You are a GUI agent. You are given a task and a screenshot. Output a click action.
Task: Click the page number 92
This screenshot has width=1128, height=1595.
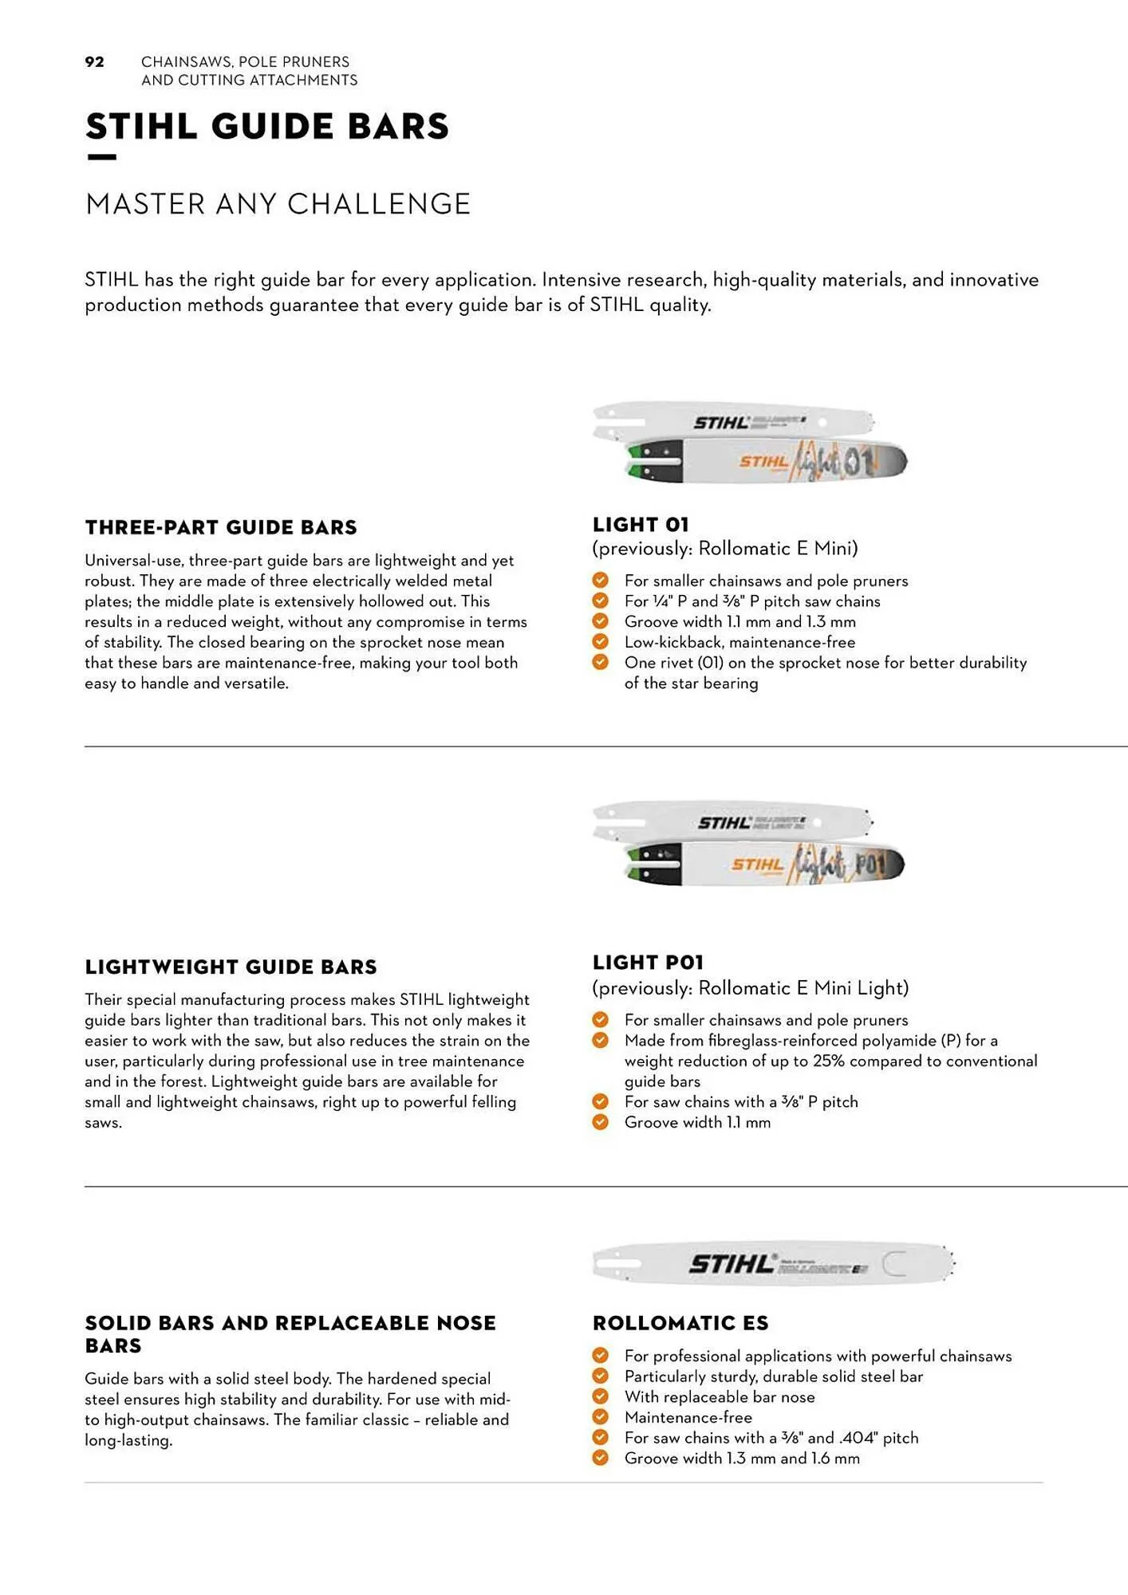pyautogui.click(x=94, y=62)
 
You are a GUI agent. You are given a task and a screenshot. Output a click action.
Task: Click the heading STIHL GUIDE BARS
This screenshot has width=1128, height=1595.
pyautogui.click(x=267, y=127)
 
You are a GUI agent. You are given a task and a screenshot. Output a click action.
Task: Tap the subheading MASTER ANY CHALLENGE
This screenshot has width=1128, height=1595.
pyautogui.click(x=278, y=204)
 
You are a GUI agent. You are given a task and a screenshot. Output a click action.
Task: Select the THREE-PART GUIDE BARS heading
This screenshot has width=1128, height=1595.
pyautogui.click(x=221, y=527)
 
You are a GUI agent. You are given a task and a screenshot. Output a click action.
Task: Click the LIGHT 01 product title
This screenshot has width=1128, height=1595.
pyautogui.click(x=640, y=525)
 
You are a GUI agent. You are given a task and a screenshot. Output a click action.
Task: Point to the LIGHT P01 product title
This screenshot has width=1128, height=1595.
pyautogui.click(x=648, y=963)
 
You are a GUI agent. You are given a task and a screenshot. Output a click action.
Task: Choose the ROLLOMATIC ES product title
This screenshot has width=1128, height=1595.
pyautogui.click(x=680, y=1323)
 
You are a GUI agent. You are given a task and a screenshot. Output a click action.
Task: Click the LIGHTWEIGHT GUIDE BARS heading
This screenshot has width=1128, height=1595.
pyautogui.click(x=231, y=967)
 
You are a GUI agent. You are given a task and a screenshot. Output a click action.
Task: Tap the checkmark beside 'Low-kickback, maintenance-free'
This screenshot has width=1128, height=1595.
pyautogui.click(x=601, y=642)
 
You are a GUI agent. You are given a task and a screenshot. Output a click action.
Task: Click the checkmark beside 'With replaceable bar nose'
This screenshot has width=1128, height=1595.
pyautogui.click(x=601, y=1396)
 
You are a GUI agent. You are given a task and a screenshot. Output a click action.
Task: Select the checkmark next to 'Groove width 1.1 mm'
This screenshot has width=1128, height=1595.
pyautogui.click(x=601, y=1122)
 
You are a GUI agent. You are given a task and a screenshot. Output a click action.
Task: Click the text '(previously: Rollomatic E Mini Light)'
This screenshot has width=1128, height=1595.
pyautogui.click(x=750, y=988)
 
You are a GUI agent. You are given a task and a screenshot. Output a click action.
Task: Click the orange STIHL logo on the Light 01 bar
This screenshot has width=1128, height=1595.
pyautogui.click(x=763, y=462)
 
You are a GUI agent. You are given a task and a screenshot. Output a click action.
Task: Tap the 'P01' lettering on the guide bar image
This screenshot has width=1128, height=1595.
pyautogui.click(x=870, y=864)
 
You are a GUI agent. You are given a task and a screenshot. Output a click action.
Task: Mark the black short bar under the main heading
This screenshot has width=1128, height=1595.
pyautogui.click(x=101, y=158)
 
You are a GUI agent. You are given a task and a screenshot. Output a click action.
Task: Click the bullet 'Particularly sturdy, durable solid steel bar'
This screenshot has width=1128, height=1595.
pyautogui.click(x=773, y=1376)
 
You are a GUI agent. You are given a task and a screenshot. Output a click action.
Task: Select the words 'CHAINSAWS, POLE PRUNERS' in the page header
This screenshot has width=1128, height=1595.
pyautogui.click(x=245, y=62)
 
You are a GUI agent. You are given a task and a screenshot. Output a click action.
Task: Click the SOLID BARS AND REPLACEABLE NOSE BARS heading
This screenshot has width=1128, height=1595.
pyautogui.click(x=290, y=1334)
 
